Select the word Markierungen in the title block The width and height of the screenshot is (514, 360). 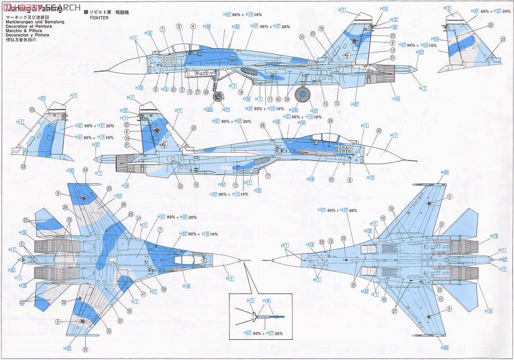[x=20, y=22]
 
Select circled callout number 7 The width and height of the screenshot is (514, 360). [x=160, y=229]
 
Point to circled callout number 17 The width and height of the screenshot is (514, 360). [x=267, y=176]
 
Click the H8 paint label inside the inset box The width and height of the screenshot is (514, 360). [x=267, y=301]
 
